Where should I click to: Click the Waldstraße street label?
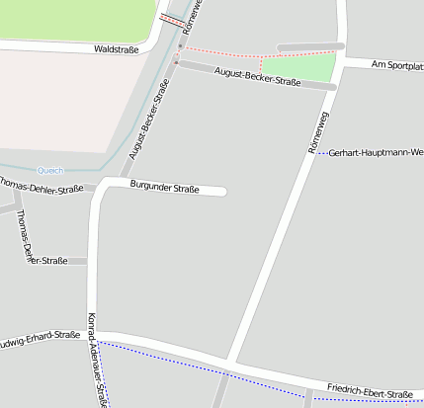point(117,48)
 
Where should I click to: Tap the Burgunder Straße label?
point(164,188)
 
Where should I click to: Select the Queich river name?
point(49,170)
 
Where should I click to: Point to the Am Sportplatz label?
point(396,65)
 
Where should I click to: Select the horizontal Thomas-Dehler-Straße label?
point(42,187)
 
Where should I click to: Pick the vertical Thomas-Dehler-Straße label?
point(23,237)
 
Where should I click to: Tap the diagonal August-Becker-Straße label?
point(148,119)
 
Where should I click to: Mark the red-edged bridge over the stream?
point(172,18)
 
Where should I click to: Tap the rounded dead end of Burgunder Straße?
point(223,191)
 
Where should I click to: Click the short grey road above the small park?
point(309,46)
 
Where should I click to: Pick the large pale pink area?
point(59,99)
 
